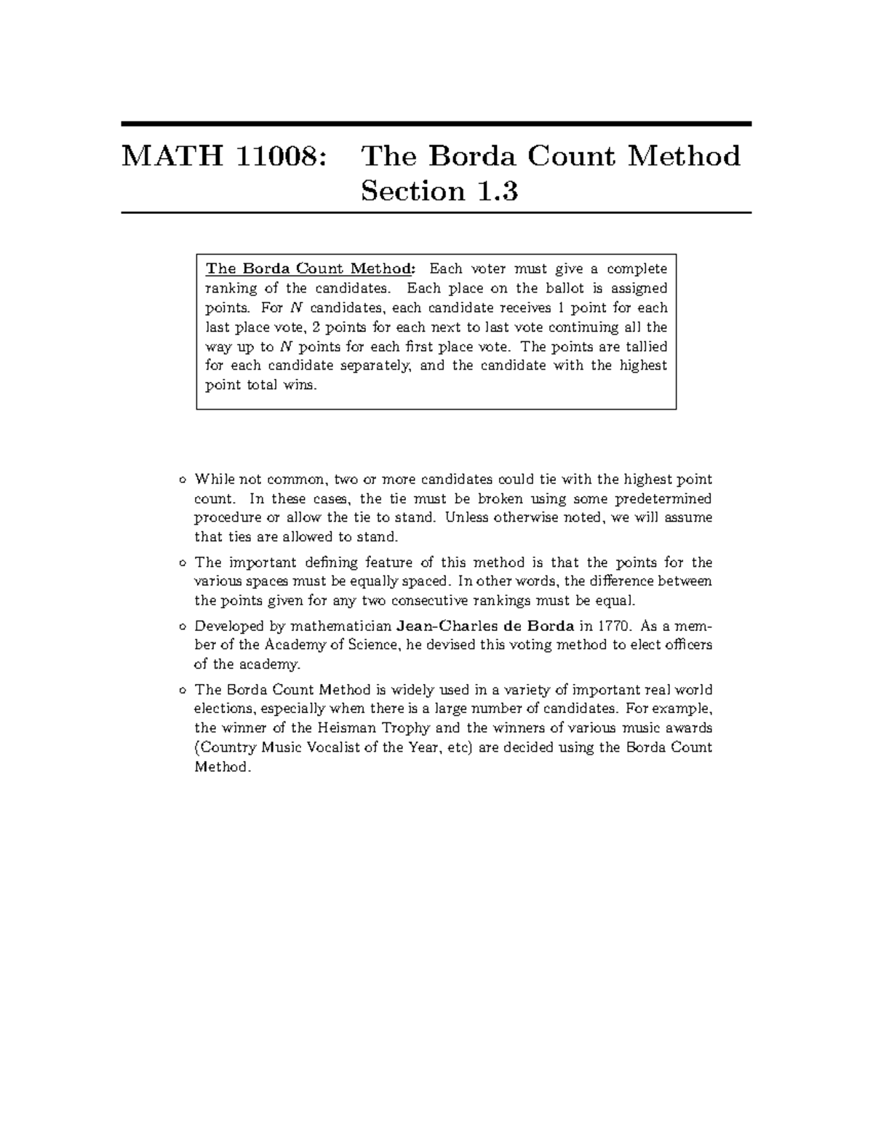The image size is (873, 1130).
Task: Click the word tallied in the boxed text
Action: [646, 346]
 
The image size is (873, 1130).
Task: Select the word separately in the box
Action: [376, 365]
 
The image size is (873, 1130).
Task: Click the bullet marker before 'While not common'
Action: [181, 480]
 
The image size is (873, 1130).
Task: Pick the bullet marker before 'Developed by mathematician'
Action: [181, 626]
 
